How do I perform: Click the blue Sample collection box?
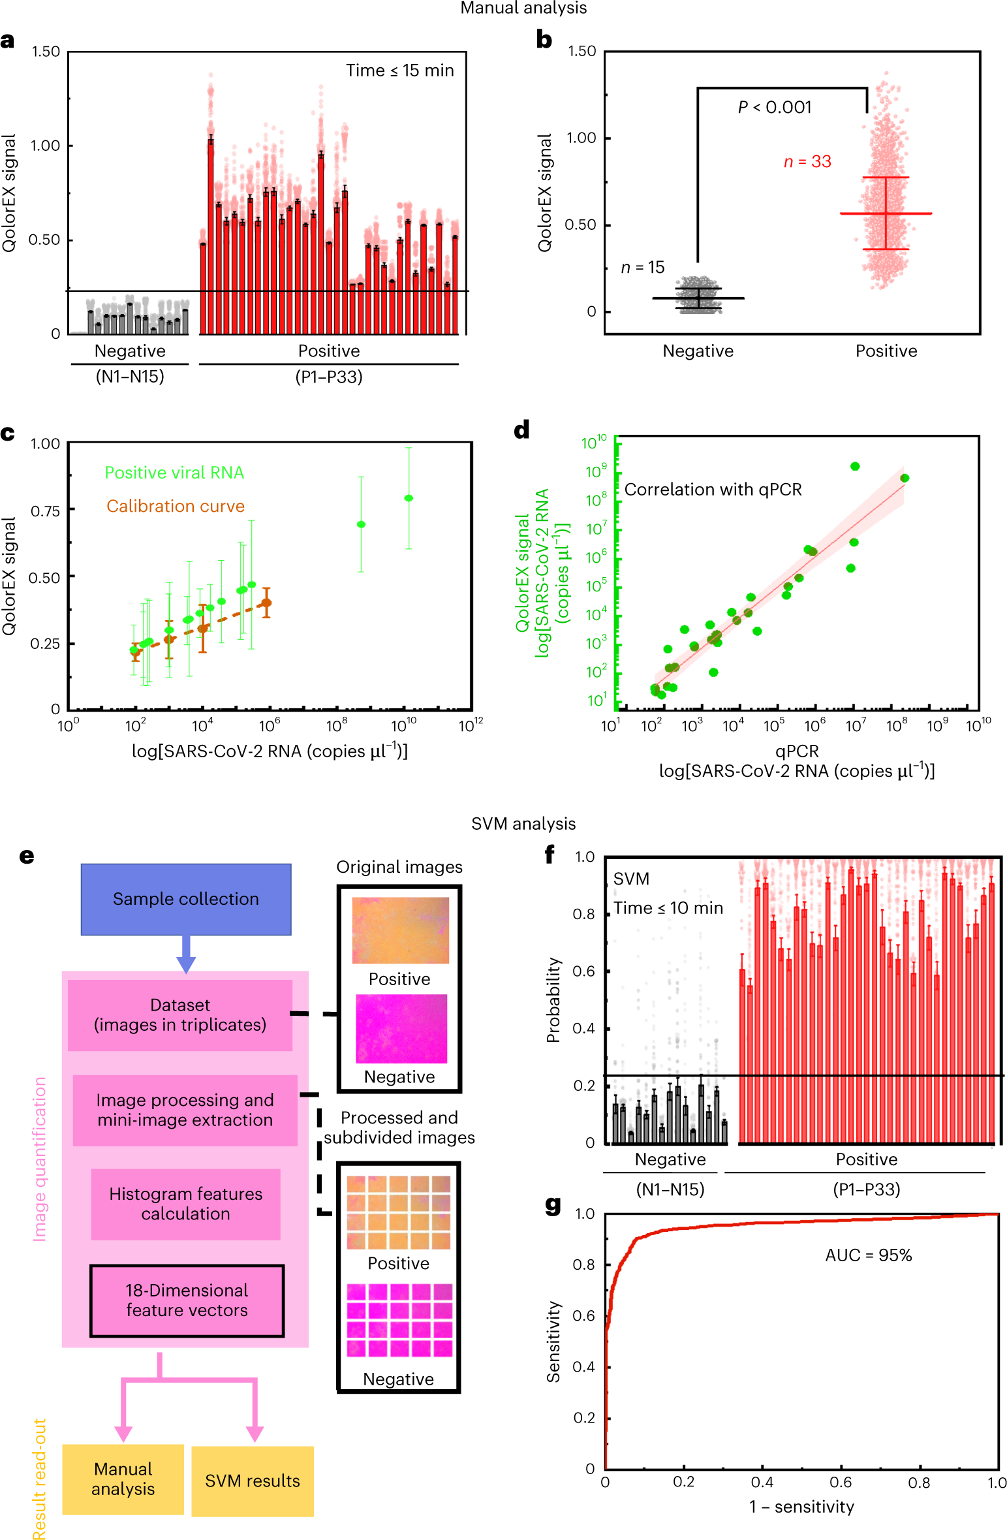186,899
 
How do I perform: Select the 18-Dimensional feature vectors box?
187,1300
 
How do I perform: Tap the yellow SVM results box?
253,1481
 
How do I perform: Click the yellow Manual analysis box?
123,1479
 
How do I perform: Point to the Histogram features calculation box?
185,1204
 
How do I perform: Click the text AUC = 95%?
868,1255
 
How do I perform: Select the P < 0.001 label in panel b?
775,107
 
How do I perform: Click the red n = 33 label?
807,161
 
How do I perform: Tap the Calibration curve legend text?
176,506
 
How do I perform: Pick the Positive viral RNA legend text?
174,473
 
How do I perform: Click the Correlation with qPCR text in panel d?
713,490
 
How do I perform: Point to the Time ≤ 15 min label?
399,71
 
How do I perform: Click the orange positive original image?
400,930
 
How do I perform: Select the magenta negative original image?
401,1028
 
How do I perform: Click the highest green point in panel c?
409,498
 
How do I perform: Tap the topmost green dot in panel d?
855,466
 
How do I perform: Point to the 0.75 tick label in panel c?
45,511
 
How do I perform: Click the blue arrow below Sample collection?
186,954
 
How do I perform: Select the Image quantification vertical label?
40,1158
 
